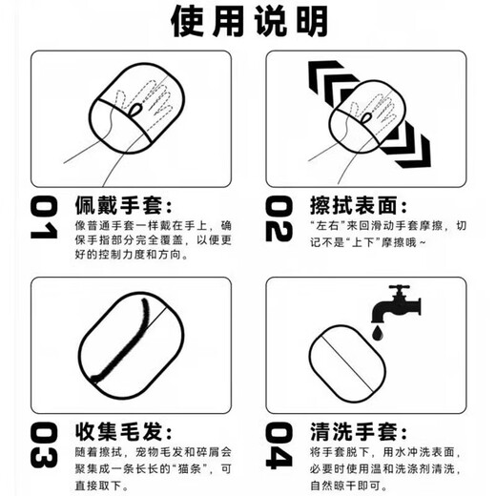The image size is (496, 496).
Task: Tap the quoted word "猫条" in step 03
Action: click(x=177, y=467)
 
